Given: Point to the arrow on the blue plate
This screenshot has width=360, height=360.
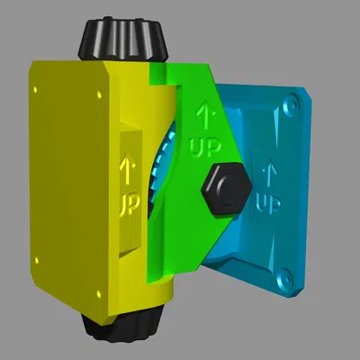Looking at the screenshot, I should [266, 170].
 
